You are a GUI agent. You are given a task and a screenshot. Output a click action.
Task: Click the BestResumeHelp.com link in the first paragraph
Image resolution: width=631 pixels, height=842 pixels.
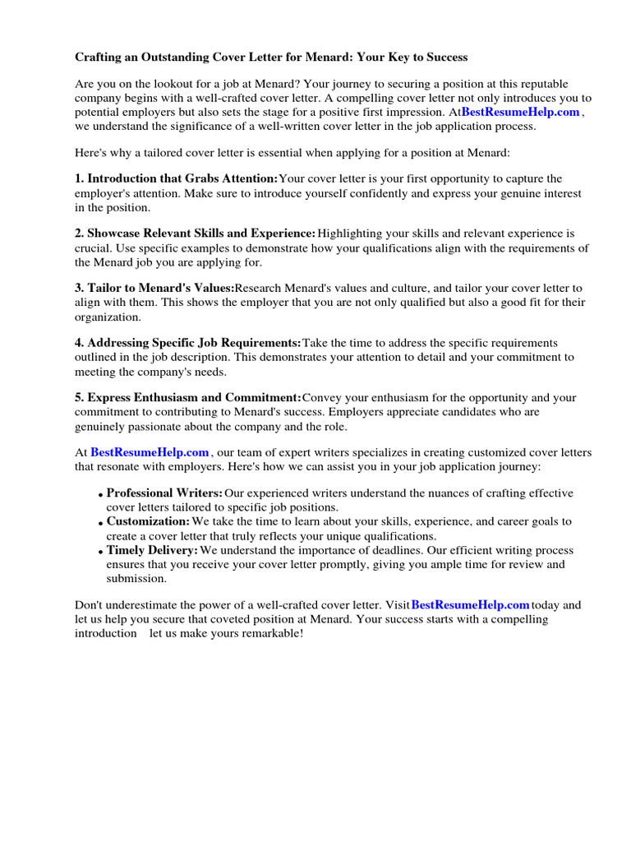tap(520, 113)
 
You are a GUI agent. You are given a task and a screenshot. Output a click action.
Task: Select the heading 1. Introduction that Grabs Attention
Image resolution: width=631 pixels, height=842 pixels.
tap(176, 178)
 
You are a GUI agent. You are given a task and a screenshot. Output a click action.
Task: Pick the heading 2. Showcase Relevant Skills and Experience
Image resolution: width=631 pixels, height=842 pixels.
tap(195, 234)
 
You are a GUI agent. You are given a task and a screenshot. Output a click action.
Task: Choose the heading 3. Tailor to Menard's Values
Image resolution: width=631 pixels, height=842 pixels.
tap(154, 289)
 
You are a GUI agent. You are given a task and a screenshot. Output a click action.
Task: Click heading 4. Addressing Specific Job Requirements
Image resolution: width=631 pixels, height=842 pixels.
tap(188, 343)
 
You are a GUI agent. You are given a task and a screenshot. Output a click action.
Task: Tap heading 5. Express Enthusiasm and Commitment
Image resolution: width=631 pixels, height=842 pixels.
tap(188, 398)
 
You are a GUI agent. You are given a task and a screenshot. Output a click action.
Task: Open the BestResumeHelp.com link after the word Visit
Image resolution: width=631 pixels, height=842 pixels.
tap(470, 604)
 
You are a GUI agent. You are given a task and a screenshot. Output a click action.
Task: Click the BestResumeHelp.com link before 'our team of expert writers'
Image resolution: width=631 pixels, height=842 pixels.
tap(150, 452)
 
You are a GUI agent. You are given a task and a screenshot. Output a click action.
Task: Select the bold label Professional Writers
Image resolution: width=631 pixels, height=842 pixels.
tap(164, 493)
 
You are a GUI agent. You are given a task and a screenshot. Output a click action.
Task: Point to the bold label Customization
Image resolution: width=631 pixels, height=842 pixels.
tap(148, 521)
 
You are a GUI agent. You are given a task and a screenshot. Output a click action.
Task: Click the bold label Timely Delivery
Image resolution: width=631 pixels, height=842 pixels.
tap(152, 550)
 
